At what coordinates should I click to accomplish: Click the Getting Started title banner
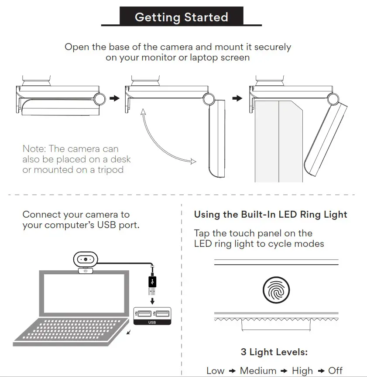[x=181, y=17]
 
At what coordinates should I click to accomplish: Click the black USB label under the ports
[x=152, y=323]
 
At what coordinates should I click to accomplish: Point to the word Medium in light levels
[x=258, y=371]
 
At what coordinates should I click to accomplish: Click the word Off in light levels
[x=335, y=371]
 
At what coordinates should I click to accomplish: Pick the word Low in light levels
[x=215, y=371]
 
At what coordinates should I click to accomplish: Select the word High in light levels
[x=302, y=371]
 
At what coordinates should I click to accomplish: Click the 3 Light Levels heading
[x=274, y=352]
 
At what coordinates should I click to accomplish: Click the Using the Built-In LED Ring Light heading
[x=271, y=215]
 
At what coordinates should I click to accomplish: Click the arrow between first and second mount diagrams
[x=114, y=99]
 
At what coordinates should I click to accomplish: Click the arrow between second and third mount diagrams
[x=237, y=99]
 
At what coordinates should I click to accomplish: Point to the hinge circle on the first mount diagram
[x=99, y=99]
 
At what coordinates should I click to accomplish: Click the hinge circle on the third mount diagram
[x=334, y=99]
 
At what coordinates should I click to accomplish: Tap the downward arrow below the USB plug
[x=152, y=301]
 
